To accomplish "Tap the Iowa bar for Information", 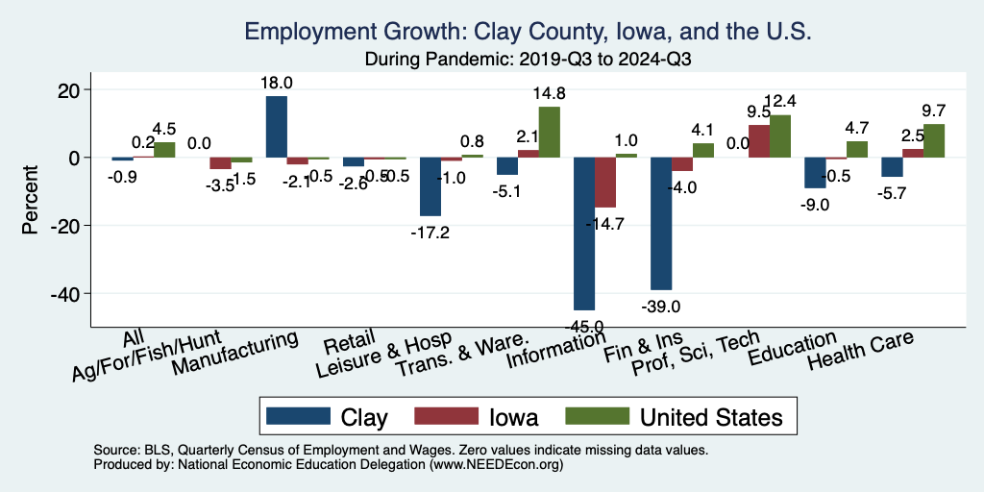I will (605, 182).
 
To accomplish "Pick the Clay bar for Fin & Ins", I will (661, 223).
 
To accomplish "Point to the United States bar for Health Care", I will (934, 140).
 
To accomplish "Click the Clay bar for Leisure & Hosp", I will (430, 186).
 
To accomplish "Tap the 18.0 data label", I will (276, 84).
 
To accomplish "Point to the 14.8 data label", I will (551, 94).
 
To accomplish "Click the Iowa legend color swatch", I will (445, 416).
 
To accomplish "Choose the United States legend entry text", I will (710, 416).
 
